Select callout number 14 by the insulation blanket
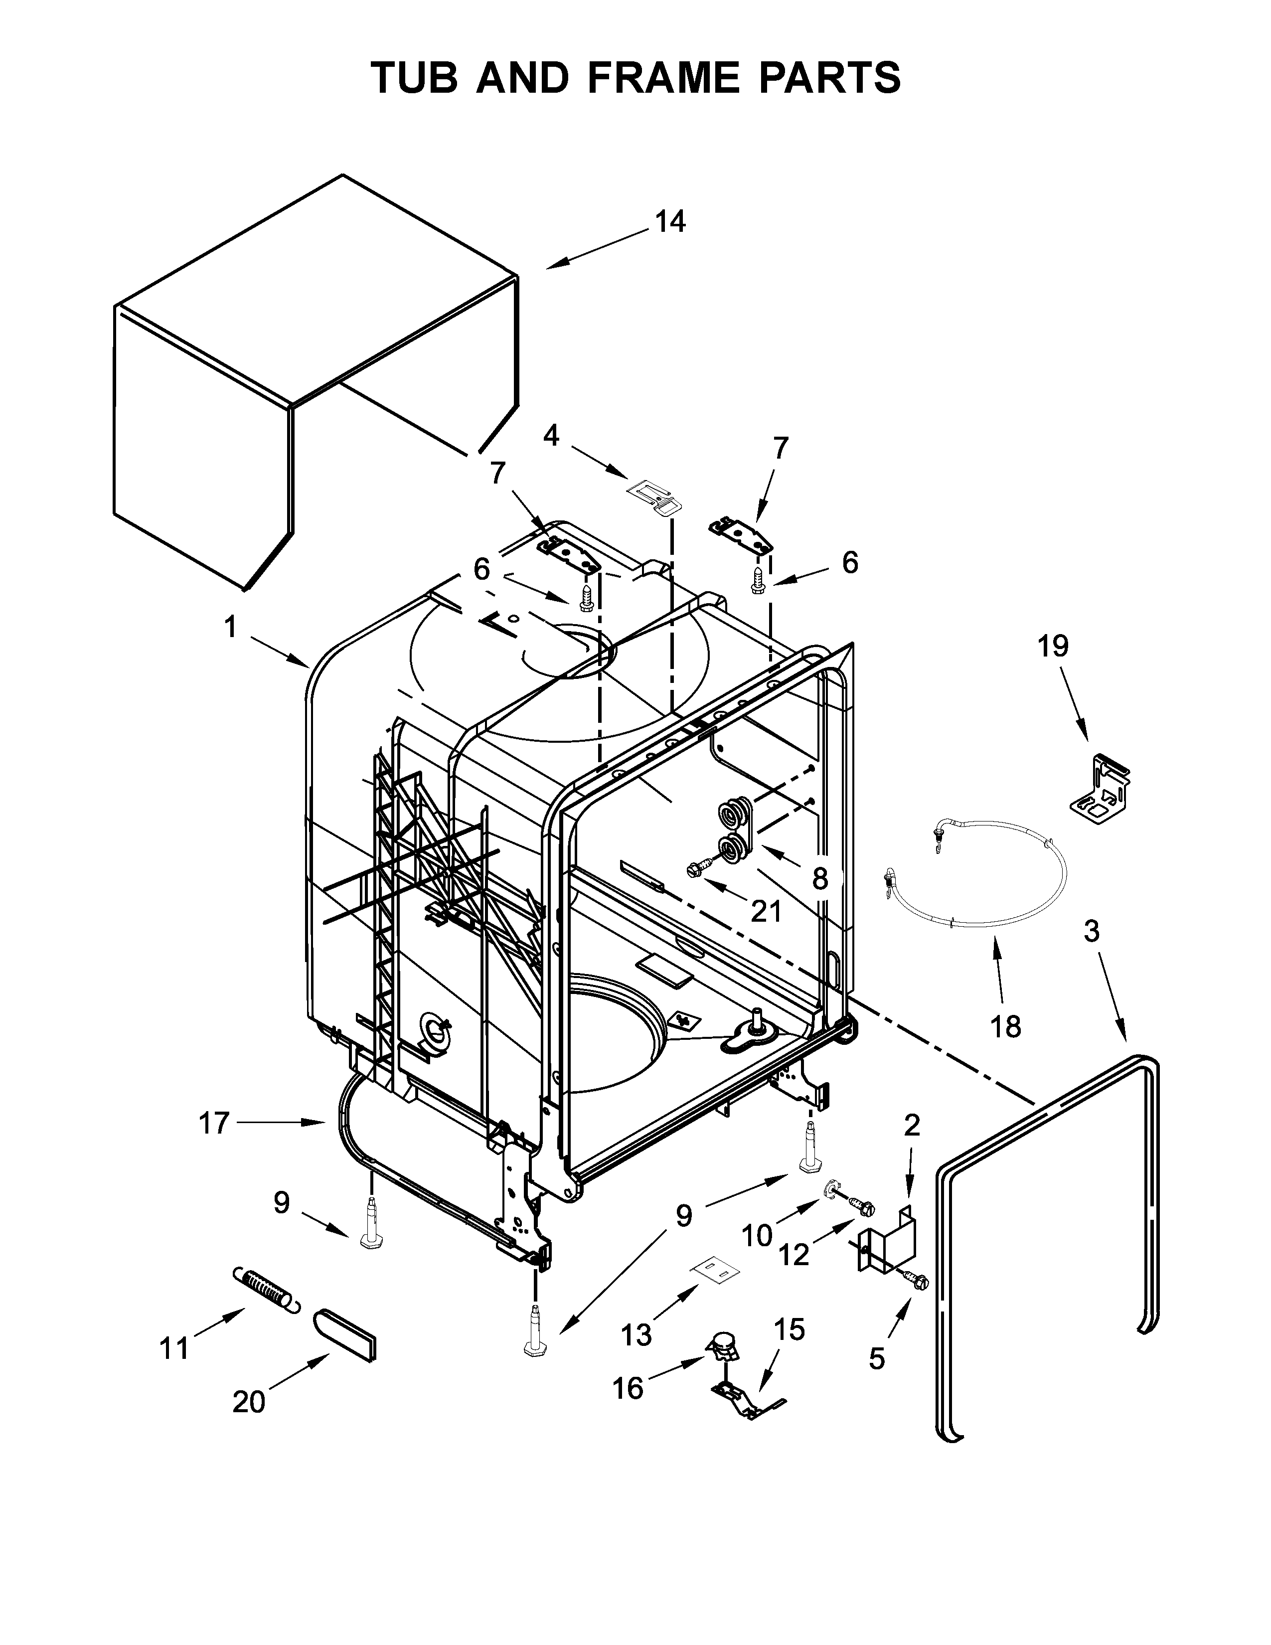tap(669, 222)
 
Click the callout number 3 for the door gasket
tap(1091, 932)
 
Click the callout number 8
tap(820, 878)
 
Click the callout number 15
tap(789, 1329)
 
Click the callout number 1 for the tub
tap(230, 626)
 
